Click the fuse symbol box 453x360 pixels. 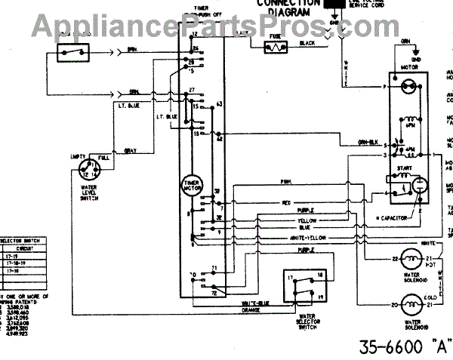tap(273, 47)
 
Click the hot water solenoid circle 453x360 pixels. tap(411, 259)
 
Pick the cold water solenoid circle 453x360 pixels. tap(411, 306)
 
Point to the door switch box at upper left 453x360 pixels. tap(73, 52)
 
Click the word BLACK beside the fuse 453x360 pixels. tap(306, 44)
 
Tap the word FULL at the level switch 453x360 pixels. tap(104, 158)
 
